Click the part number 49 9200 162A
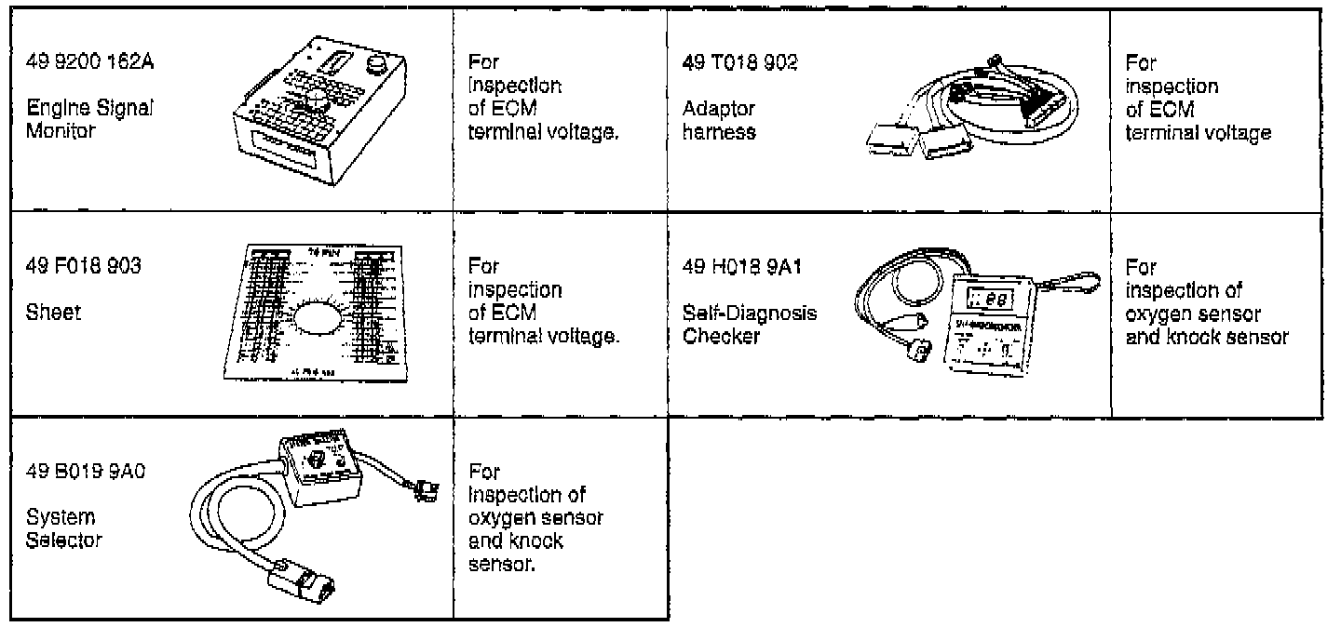[89, 62]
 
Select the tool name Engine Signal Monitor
[89, 120]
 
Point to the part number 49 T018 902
[740, 62]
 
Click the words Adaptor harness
[719, 120]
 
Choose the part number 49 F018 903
[85, 268]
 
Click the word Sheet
[55, 313]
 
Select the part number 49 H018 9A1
[742, 268]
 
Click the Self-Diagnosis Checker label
[749, 325]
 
